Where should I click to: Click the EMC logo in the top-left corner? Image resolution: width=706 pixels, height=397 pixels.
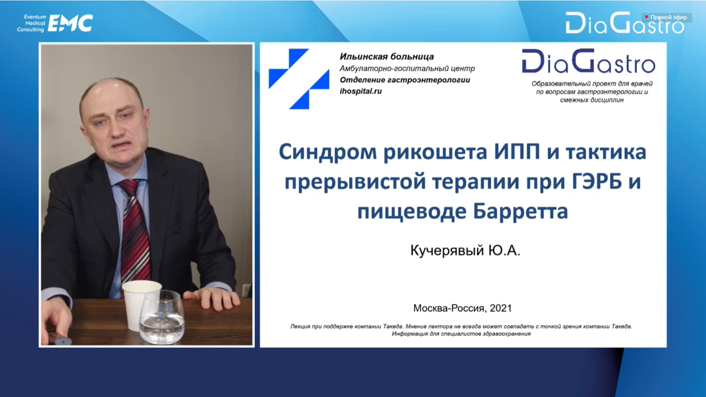click(x=70, y=23)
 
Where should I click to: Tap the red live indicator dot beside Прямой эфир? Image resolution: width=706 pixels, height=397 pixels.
click(x=646, y=17)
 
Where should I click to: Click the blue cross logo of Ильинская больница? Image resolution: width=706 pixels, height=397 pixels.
click(x=299, y=79)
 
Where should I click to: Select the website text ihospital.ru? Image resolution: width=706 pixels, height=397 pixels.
click(x=361, y=91)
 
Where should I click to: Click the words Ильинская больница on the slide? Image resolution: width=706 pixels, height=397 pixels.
click(x=387, y=57)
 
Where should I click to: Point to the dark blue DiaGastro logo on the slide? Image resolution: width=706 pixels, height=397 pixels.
click(x=588, y=61)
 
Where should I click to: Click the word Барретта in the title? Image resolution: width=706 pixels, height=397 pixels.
click(x=520, y=211)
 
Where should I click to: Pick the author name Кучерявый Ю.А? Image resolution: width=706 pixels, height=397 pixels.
click(x=465, y=251)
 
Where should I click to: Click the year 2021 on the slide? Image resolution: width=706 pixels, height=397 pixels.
click(x=500, y=308)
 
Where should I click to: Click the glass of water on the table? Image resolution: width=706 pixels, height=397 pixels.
click(x=162, y=317)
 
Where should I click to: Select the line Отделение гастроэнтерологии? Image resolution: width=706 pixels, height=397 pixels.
click(x=405, y=80)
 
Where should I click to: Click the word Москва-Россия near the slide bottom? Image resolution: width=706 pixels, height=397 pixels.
click(x=449, y=308)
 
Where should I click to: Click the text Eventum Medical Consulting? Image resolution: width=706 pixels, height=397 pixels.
click(x=31, y=23)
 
